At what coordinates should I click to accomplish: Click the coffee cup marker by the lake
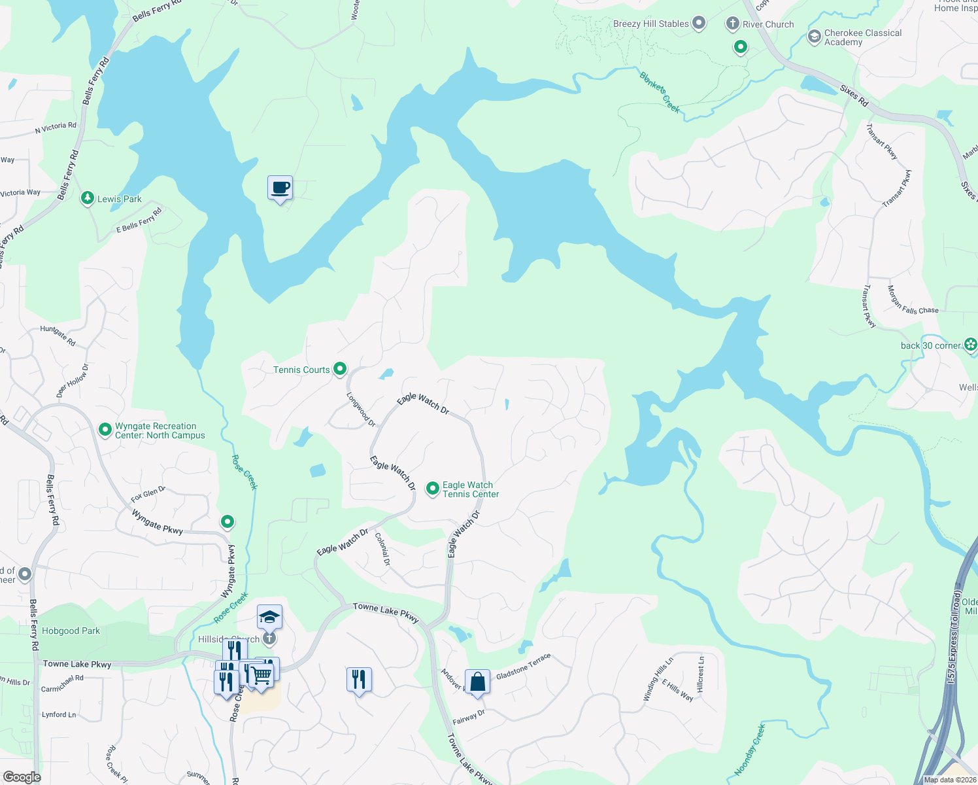click(x=280, y=188)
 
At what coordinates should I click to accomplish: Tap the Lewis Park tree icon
click(x=87, y=198)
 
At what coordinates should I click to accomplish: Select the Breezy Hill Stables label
click(x=650, y=24)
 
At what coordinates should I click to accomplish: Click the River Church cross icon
click(x=732, y=24)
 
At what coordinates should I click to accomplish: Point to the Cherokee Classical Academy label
click(x=862, y=37)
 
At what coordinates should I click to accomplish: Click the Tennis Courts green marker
click(x=340, y=370)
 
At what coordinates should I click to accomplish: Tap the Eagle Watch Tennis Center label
click(x=471, y=489)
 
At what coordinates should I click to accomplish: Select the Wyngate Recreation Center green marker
click(x=105, y=430)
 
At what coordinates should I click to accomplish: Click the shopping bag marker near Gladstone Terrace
click(x=478, y=682)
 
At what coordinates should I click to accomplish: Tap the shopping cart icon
click(x=261, y=674)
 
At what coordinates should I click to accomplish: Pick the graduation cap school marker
click(x=269, y=617)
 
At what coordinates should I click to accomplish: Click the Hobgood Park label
click(x=71, y=631)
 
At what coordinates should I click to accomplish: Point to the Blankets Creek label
click(x=660, y=92)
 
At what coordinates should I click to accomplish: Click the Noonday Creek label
click(x=749, y=750)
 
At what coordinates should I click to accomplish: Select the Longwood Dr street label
click(x=361, y=410)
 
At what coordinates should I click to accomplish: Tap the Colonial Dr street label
click(x=382, y=549)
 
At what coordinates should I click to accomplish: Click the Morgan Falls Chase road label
click(x=912, y=300)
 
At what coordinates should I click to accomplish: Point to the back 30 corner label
click(x=931, y=345)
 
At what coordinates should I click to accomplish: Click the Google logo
click(x=22, y=776)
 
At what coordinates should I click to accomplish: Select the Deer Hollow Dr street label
click(x=72, y=381)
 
